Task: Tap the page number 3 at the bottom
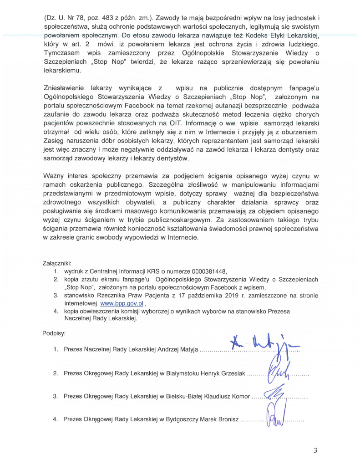(x=315, y=450)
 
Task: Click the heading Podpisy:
(x=54, y=333)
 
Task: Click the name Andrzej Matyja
(x=177, y=350)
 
